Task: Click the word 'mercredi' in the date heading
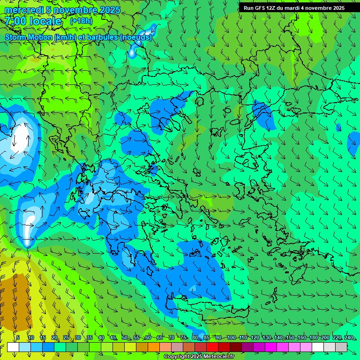click(x=23, y=10)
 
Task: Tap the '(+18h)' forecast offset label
click(x=81, y=21)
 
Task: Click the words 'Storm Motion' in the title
click(x=29, y=37)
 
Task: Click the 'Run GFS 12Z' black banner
click(x=294, y=8)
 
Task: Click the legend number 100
click(x=231, y=337)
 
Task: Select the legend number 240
click(x=348, y=337)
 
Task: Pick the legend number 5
click(x=18, y=337)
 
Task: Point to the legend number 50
click(x=125, y=337)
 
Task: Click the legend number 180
click(x=312, y=337)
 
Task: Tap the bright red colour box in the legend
click(x=212, y=347)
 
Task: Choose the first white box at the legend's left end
click(x=13, y=347)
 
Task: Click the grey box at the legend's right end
click(x=341, y=347)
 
